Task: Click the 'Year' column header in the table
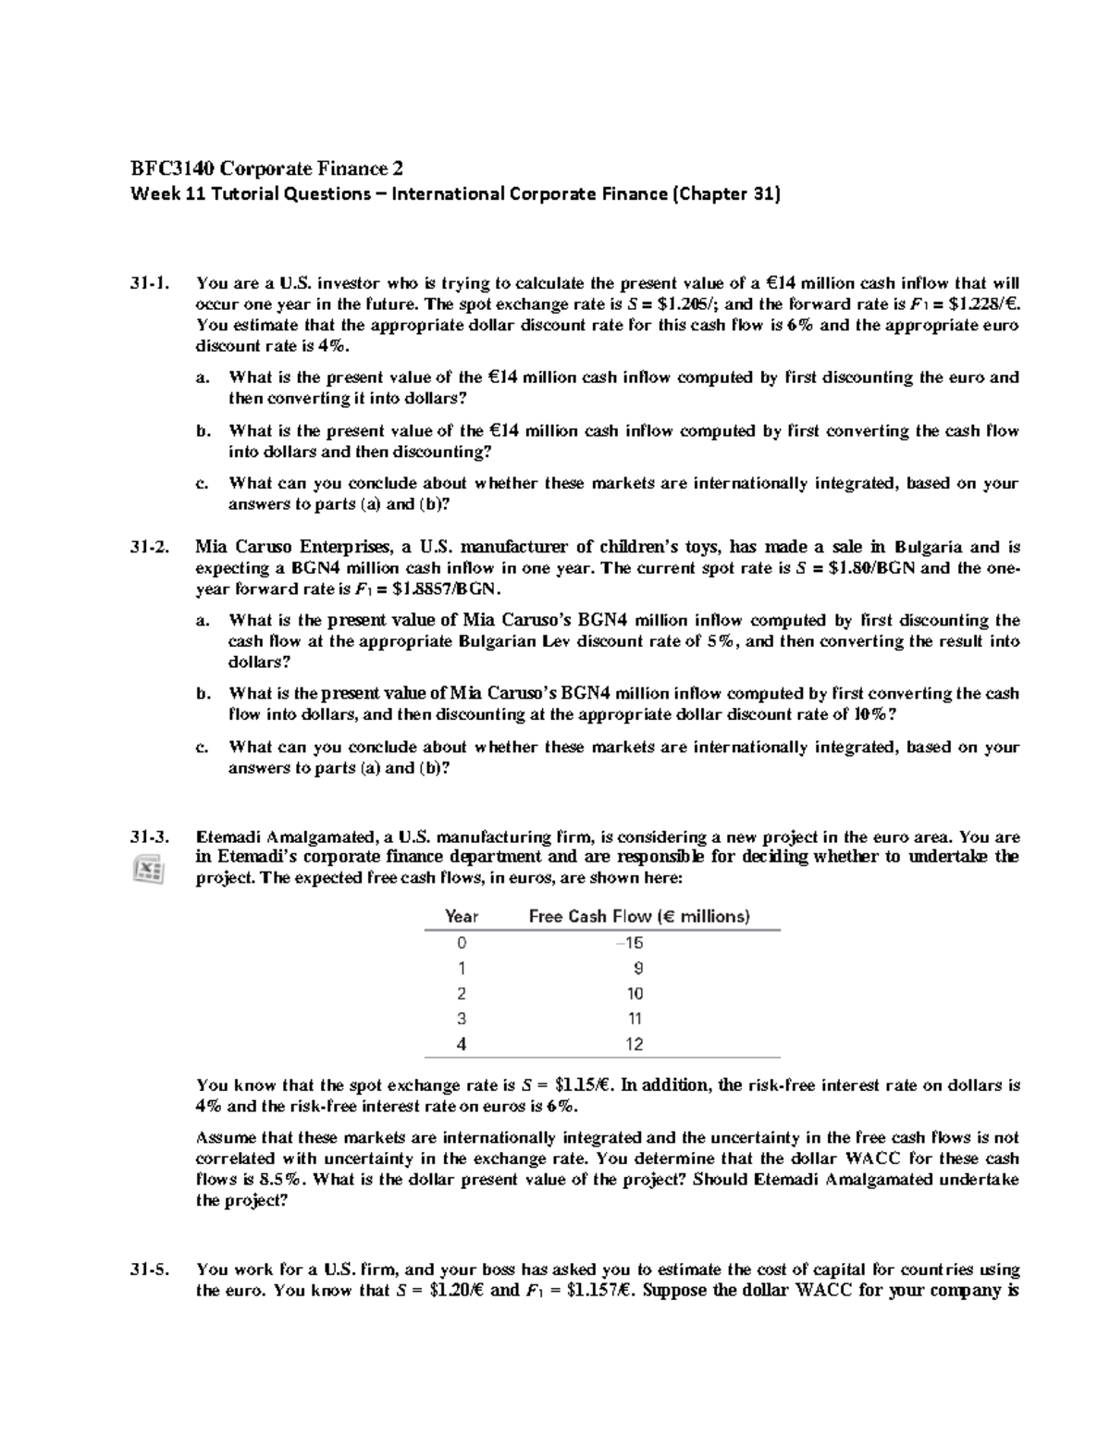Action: pyautogui.click(x=462, y=916)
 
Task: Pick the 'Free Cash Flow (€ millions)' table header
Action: pyautogui.click(x=638, y=916)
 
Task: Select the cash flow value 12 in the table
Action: pyautogui.click(x=634, y=1044)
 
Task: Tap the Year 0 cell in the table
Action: pyautogui.click(x=462, y=943)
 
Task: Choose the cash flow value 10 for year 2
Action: pyautogui.click(x=634, y=994)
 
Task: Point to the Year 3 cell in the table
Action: pyautogui.click(x=462, y=1019)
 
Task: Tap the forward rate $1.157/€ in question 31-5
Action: pyautogui.click(x=586, y=1291)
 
